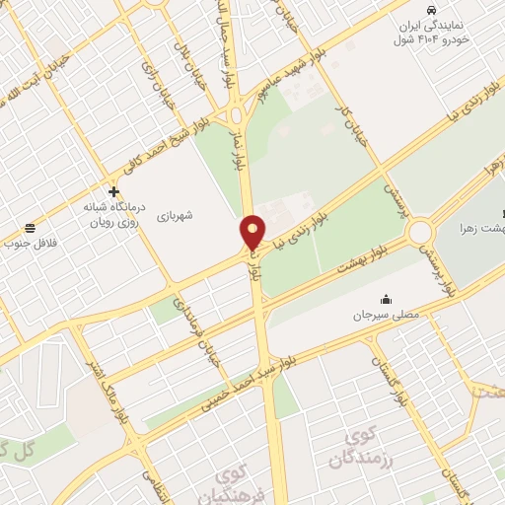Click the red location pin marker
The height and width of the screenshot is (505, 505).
(x=253, y=232)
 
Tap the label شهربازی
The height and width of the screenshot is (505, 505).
(x=202, y=214)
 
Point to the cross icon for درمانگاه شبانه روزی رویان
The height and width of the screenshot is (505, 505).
(x=115, y=191)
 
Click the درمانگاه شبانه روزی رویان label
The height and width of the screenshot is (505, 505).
(x=105, y=214)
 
